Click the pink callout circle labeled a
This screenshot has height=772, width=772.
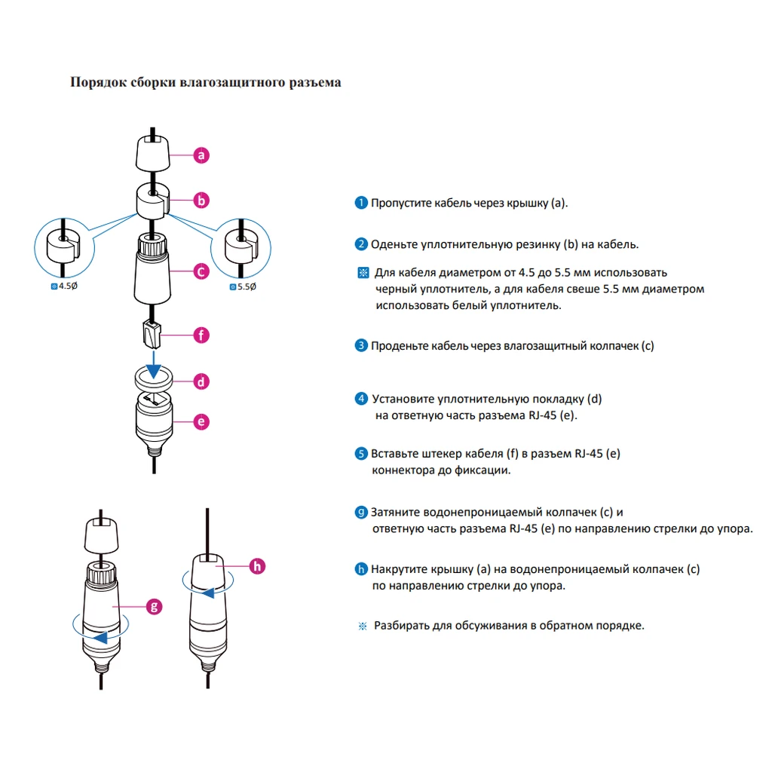click(201, 155)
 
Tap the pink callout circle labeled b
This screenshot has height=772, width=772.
click(201, 201)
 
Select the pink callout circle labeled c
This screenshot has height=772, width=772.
click(201, 271)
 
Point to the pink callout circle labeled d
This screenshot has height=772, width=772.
click(201, 381)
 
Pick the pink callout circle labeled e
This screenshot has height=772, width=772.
click(201, 421)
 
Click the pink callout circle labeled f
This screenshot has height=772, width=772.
click(201, 335)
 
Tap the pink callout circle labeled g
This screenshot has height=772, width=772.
click(154, 605)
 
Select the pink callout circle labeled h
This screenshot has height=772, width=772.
click(257, 565)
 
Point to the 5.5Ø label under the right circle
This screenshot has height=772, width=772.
click(244, 286)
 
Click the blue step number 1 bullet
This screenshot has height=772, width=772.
click(362, 204)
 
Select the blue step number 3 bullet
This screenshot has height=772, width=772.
click(362, 346)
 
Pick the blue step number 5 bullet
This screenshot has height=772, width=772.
click(362, 454)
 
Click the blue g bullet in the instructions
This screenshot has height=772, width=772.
click(362, 513)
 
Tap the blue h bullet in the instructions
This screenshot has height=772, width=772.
click(362, 569)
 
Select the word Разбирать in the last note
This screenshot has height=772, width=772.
click(402, 626)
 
